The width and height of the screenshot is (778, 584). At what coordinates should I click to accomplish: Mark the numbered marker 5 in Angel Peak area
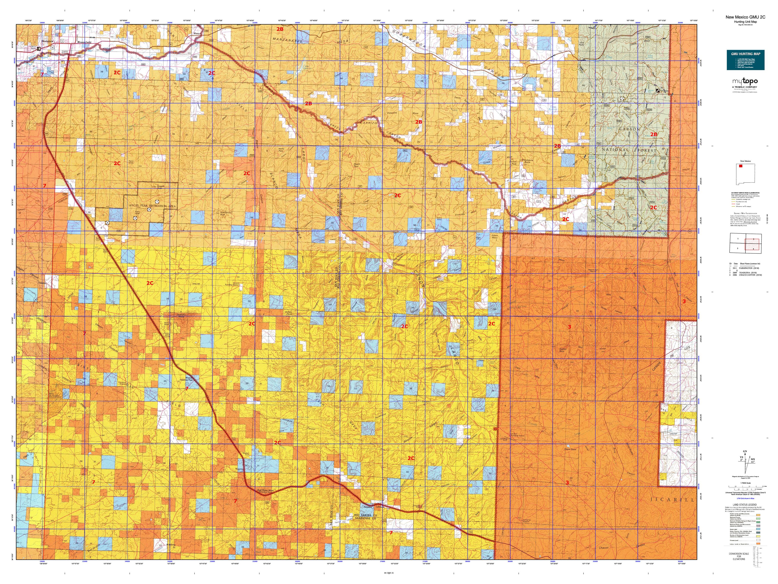(x=149, y=209)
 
